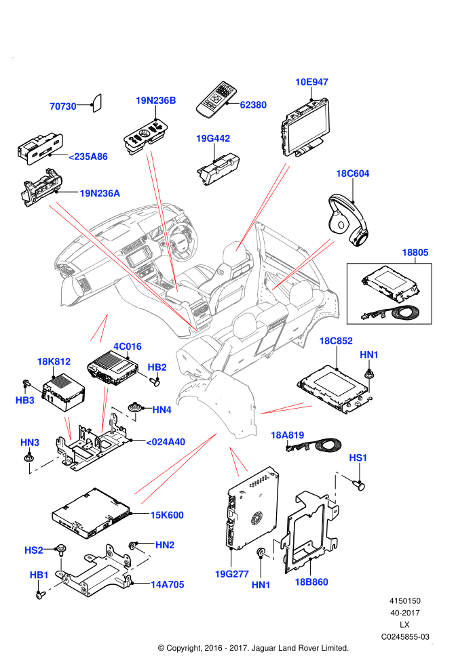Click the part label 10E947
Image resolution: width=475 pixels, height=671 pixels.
(x=311, y=82)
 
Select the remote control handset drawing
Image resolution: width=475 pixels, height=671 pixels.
(x=216, y=99)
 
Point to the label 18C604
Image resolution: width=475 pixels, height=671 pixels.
(x=352, y=174)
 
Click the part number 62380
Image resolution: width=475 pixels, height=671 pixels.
(x=253, y=105)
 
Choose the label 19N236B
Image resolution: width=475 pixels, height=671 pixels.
(x=156, y=100)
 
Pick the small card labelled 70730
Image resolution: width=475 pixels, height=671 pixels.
(x=97, y=103)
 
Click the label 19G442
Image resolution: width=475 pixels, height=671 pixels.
(x=213, y=138)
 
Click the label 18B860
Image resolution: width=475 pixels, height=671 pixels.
(x=311, y=582)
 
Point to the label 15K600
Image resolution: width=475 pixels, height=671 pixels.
(x=167, y=515)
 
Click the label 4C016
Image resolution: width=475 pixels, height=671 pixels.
(x=127, y=346)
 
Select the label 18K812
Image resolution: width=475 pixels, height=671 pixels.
(x=54, y=362)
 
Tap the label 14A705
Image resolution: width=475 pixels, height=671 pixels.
(x=168, y=584)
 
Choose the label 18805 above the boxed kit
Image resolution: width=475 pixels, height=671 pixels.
(x=415, y=253)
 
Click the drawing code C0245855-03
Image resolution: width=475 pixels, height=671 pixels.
(x=405, y=636)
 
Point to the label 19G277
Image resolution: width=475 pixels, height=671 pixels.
(x=231, y=574)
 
